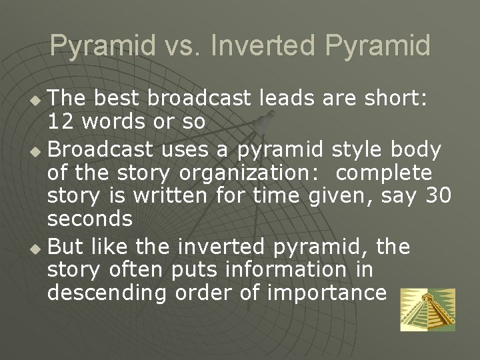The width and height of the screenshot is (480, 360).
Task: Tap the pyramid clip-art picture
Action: pyautogui.click(x=427, y=309)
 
